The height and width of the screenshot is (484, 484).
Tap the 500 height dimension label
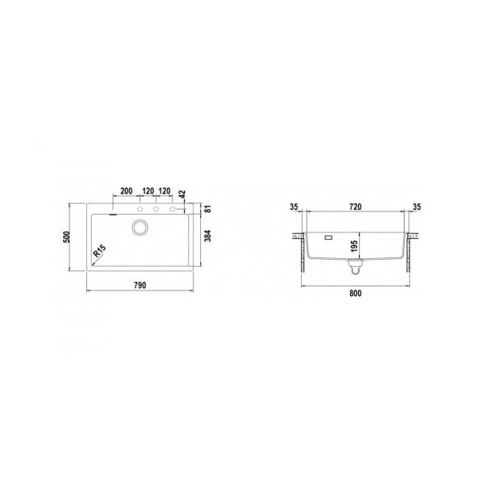69,238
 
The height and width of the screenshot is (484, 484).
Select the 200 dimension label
126,192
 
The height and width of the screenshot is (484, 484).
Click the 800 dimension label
356,293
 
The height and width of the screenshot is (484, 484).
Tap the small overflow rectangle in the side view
328,238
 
